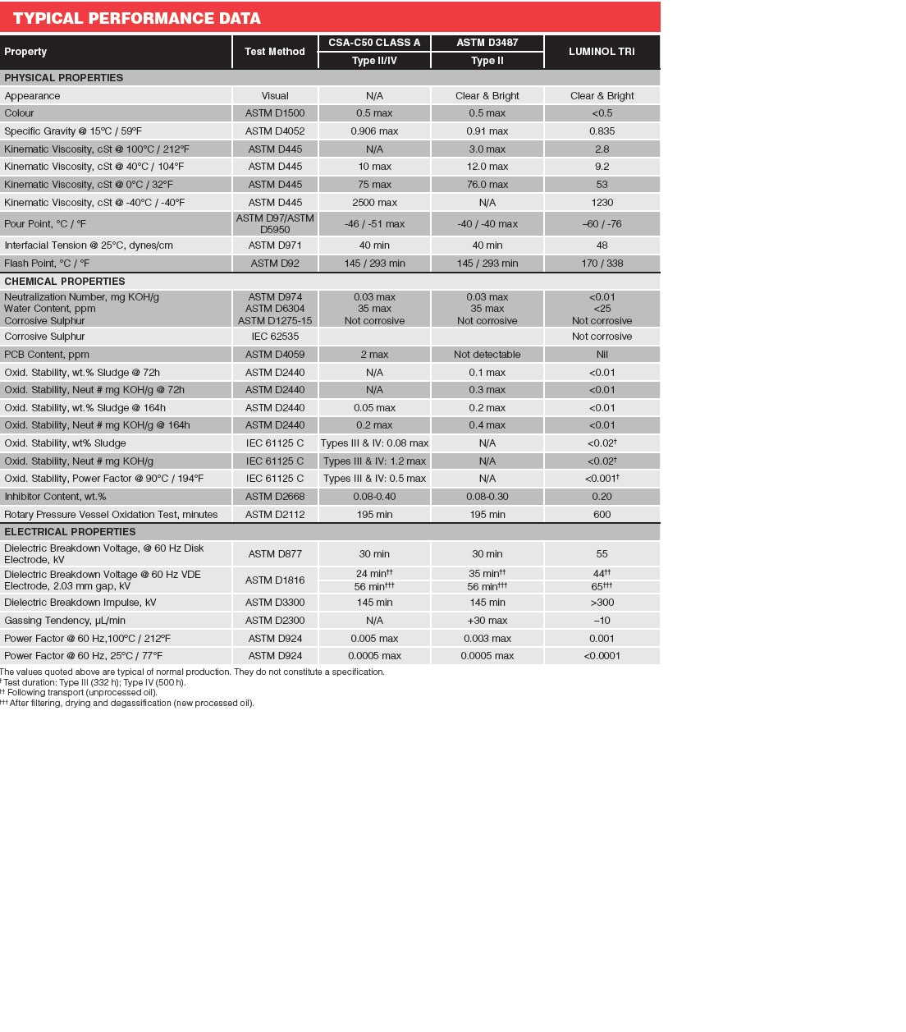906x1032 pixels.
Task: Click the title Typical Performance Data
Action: tap(136, 18)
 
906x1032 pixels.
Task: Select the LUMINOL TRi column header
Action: tap(602, 52)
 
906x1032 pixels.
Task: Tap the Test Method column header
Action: tap(274, 52)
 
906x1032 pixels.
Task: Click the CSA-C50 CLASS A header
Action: tap(374, 43)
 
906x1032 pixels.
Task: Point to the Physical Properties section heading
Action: tap(64, 78)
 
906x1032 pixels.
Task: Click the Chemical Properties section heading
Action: tap(65, 282)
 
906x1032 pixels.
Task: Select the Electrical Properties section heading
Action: tap(70, 532)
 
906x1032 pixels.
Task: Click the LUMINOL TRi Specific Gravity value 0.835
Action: tap(602, 131)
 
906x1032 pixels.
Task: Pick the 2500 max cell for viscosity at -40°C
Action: tap(374, 203)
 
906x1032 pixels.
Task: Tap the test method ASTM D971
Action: tap(275, 245)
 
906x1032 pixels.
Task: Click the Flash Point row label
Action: tap(47, 264)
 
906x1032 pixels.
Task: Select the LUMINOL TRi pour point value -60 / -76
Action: tap(602, 224)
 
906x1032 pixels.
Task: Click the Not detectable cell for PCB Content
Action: tap(487, 355)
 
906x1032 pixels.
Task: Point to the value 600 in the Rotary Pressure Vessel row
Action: tap(602, 515)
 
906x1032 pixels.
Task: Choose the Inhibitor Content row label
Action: tap(55, 497)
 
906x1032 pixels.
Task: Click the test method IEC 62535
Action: tap(275, 337)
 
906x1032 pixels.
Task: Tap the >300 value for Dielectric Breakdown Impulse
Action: tap(602, 603)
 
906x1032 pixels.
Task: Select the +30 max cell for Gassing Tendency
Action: tap(487, 621)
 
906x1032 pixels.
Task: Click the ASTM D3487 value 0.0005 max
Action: tap(487, 656)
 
